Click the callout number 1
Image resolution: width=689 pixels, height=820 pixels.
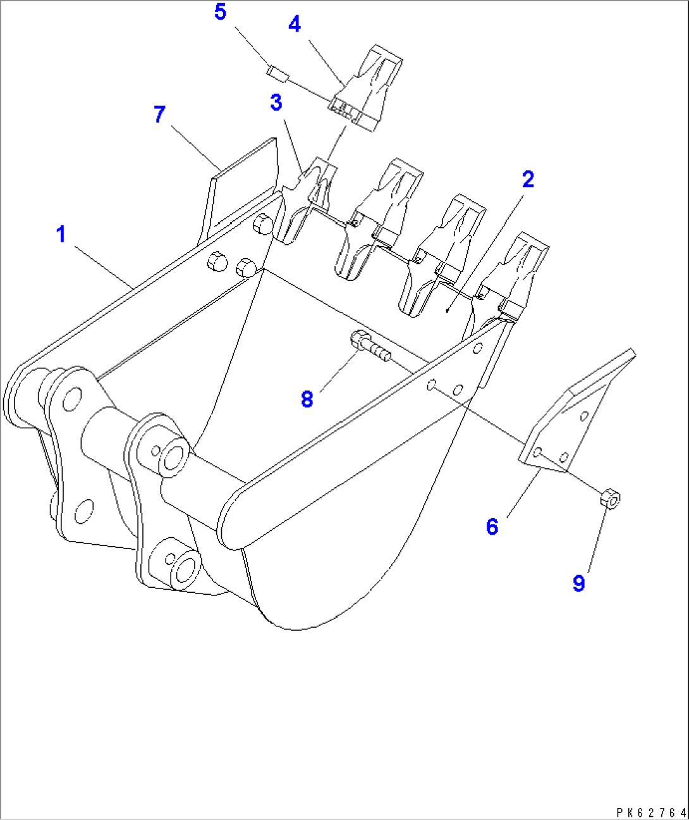coord(61,235)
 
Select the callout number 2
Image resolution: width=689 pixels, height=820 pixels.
coord(528,180)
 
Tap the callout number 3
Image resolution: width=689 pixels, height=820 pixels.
coord(276,102)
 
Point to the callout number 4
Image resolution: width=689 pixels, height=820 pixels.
coord(295,25)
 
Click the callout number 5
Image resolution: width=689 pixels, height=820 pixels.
coord(220,12)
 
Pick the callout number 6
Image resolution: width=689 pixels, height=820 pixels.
coord(492,526)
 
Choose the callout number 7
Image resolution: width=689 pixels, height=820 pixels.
coord(159,115)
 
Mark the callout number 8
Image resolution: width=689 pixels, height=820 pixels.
coord(307,399)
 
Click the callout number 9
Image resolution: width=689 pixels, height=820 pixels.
coord(578,583)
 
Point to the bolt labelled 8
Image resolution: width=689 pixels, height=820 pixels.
coord(370,346)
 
